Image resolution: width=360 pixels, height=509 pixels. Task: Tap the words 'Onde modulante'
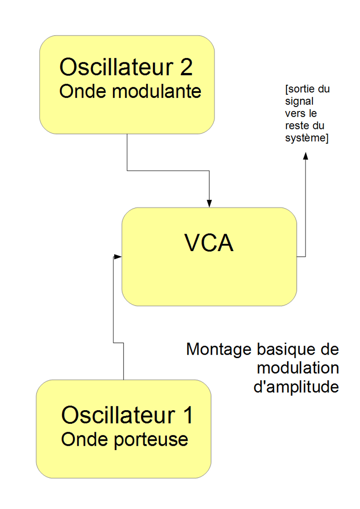click(x=130, y=92)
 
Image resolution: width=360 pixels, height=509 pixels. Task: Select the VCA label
click(x=209, y=243)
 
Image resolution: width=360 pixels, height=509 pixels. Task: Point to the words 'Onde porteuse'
click(x=124, y=439)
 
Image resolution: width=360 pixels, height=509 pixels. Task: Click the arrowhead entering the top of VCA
click(x=209, y=203)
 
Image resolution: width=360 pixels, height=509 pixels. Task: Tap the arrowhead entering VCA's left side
click(x=118, y=257)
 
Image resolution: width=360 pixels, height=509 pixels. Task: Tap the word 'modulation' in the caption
click(x=298, y=368)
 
